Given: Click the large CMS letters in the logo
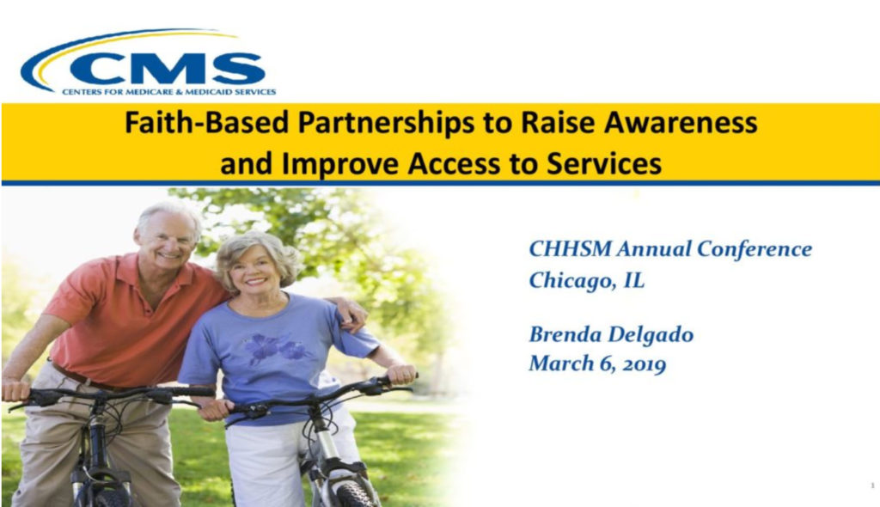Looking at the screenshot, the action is [168, 68].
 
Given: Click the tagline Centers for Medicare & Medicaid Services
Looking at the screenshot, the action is [169, 92].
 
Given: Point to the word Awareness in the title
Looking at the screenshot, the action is [681, 122].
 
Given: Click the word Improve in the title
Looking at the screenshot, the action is [340, 165].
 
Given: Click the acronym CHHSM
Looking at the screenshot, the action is [570, 248].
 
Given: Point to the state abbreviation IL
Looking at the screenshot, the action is [634, 279].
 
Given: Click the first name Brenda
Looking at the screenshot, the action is [565, 334].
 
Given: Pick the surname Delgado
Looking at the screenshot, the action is [651, 335].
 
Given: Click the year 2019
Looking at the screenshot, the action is [645, 364].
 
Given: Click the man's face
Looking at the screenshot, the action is [168, 238].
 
